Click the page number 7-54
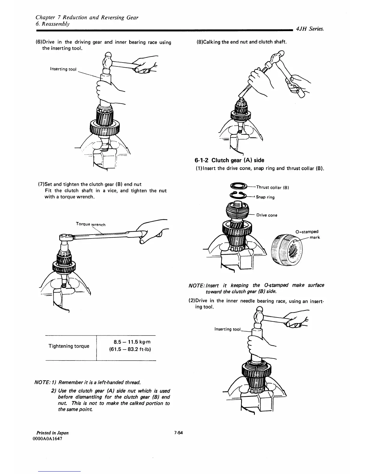pos(180,433)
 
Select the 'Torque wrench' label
pos(91,224)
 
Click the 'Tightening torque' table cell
pos(69,346)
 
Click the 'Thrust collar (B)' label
pos(272,188)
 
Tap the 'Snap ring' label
pos(265,197)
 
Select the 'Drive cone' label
pos(267,215)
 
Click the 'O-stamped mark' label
pos(307,234)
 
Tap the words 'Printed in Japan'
pos(52,433)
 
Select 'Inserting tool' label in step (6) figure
pos(63,69)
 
